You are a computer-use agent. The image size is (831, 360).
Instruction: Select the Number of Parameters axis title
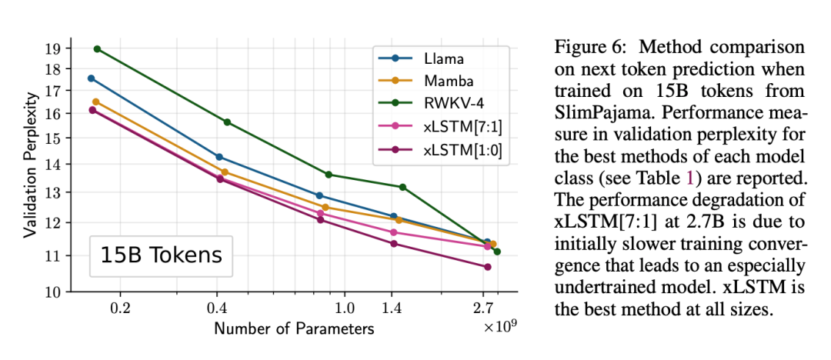click(294, 329)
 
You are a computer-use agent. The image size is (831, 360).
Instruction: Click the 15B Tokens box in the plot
click(161, 256)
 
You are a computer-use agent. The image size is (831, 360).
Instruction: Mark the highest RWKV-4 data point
click(97, 49)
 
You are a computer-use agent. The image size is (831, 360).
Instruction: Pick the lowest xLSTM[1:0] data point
click(487, 267)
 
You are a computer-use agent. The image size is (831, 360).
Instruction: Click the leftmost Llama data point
click(91, 78)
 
